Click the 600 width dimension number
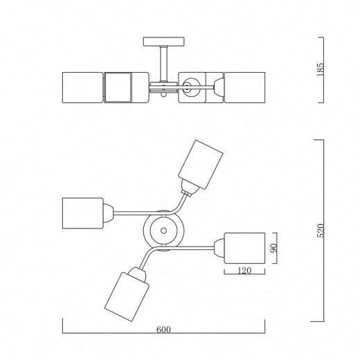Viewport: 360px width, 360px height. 163,330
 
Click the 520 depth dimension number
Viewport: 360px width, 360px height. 321,231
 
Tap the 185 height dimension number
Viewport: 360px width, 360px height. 321,69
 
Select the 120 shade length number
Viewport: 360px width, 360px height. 244,271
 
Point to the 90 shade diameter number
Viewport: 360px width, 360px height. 274,248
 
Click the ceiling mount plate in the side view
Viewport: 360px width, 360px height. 164,42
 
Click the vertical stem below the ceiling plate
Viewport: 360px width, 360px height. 164,64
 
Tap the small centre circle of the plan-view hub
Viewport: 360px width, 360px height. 163,231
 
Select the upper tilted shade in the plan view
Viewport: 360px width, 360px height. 201,165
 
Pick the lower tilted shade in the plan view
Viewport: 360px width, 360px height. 127,297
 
